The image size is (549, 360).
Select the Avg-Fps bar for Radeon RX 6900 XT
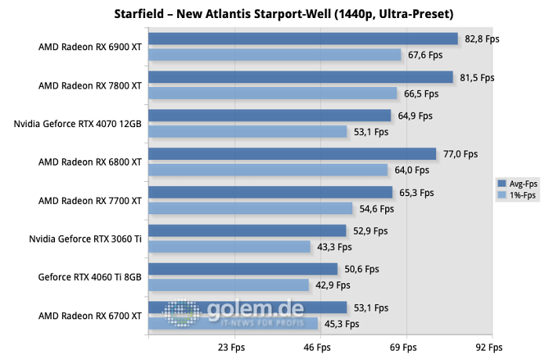(302, 38)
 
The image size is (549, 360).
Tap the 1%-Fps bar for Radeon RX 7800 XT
(272, 93)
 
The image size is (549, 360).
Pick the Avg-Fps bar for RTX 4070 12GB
(269, 115)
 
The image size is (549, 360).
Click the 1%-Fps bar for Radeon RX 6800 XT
(267, 169)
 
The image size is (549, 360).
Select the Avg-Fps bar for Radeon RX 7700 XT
(270, 192)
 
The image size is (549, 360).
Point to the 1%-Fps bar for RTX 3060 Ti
(229, 246)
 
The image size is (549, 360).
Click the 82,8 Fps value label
(482, 38)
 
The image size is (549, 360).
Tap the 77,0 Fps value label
(460, 155)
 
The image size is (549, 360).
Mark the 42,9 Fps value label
(333, 285)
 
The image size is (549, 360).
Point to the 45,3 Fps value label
(341, 323)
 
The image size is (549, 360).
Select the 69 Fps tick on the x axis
(402, 347)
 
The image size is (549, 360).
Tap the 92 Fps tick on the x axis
(489, 347)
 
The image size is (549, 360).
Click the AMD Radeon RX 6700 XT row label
(90, 315)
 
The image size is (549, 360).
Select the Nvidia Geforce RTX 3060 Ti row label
(85, 238)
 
